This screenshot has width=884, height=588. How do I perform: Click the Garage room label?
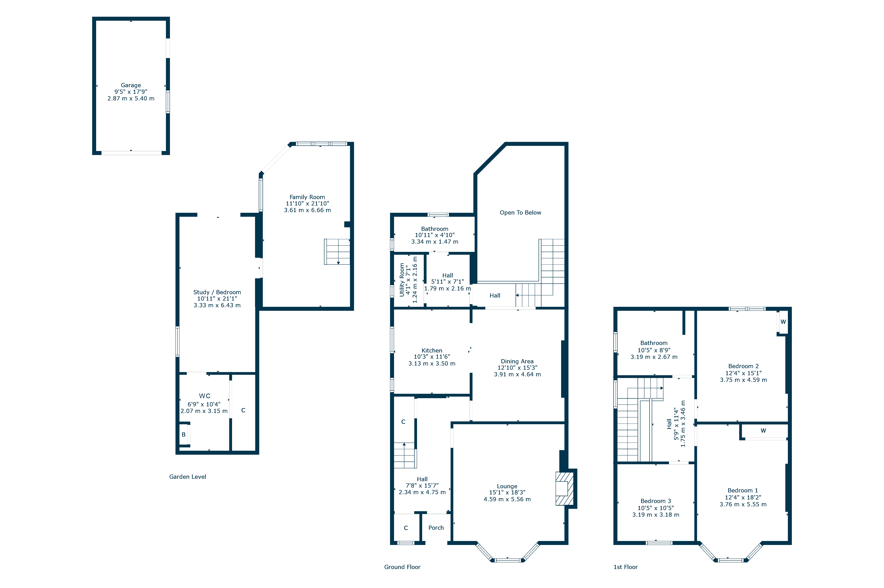pos(131,85)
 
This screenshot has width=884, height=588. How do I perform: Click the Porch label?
pos(436,528)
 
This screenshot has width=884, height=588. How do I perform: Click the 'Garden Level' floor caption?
pos(187,477)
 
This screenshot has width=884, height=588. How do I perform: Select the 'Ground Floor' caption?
pos(402,567)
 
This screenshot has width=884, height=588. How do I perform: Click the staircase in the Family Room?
pos(337,252)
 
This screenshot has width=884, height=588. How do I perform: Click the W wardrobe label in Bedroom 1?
pos(763,430)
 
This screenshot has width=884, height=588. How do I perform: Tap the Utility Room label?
pos(402,280)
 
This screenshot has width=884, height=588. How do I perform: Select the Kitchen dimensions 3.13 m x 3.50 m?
pos(432,363)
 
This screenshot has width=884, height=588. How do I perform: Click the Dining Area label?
pos(517,361)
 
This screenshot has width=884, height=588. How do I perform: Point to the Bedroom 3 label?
pos(655,501)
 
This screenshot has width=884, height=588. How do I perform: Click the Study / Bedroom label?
pos(217,292)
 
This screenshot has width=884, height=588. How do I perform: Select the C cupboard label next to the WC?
pos(243,410)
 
